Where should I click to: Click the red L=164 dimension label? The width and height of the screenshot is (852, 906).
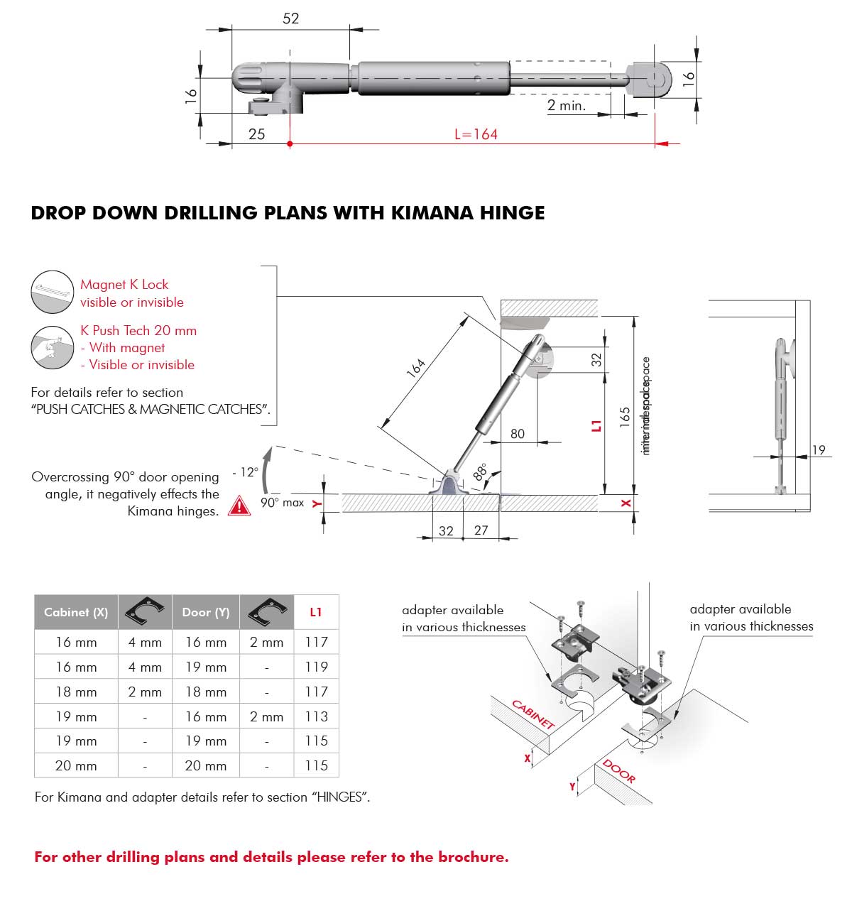click(476, 134)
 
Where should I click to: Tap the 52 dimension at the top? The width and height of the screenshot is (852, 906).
click(291, 19)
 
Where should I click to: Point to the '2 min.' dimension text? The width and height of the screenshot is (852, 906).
click(567, 106)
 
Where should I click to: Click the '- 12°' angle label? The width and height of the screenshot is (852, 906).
click(244, 472)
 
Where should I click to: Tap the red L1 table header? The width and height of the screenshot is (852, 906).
click(316, 612)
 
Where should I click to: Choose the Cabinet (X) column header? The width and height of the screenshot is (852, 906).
click(76, 612)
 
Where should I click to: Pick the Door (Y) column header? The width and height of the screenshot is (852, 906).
click(206, 612)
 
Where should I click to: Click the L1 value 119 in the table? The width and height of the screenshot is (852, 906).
click(316, 667)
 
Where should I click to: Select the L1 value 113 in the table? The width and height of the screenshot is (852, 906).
click(316, 716)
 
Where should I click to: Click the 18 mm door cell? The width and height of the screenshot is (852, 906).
click(206, 692)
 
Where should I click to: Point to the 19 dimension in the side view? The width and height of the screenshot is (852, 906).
click(819, 449)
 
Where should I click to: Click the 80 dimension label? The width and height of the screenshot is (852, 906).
click(518, 434)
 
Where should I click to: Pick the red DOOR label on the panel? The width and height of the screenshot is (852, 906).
click(618, 771)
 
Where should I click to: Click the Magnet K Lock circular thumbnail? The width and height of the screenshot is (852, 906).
click(53, 292)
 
